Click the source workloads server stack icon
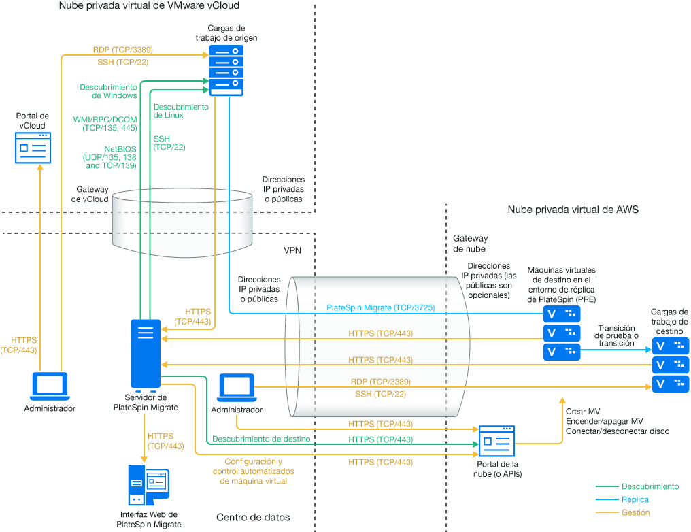pyautogui.click(x=226, y=71)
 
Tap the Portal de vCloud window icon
pyautogui.click(x=33, y=148)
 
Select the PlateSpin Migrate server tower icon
pyautogui.click(x=146, y=354)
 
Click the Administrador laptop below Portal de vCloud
pyautogui.click(x=50, y=386)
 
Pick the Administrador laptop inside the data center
pyautogui.click(x=236, y=388)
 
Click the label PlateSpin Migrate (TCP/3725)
pyautogui.click(x=381, y=307)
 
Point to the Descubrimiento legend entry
pyautogui.click(x=650, y=486)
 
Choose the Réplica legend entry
pyautogui.click(x=635, y=499)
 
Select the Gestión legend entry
pyautogui.click(x=635, y=512)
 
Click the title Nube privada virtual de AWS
pyautogui.click(x=573, y=210)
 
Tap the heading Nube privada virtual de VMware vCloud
pyautogui.click(x=149, y=6)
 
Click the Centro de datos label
pyautogui.click(x=253, y=517)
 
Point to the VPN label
pyautogui.click(x=292, y=250)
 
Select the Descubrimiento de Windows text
pyautogui.click(x=108, y=91)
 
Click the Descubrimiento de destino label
pyautogui.click(x=261, y=439)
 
